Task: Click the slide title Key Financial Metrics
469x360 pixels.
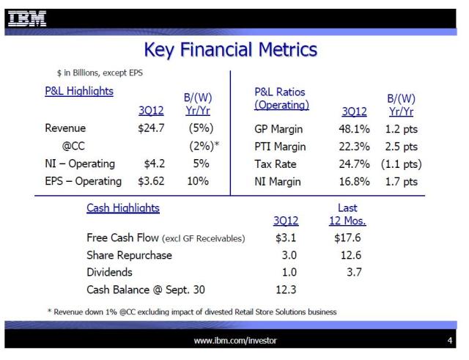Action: (231, 51)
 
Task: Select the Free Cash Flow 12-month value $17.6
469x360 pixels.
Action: (347, 238)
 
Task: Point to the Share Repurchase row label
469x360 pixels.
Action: (129, 254)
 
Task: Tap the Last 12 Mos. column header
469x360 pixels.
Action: (347, 214)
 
